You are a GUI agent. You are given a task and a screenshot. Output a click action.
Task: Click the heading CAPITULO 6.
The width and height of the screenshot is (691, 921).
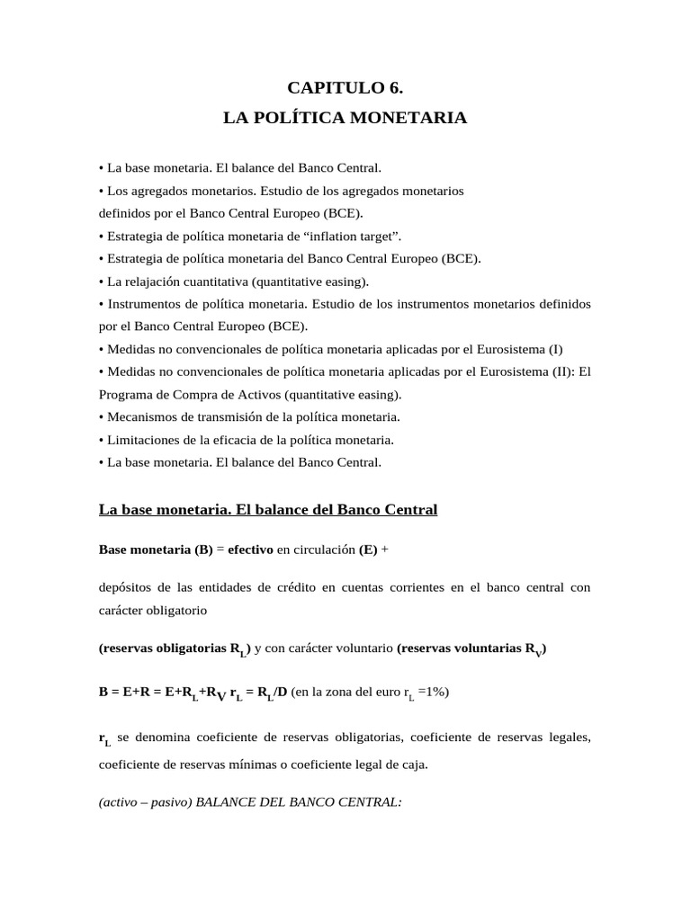pos(345,87)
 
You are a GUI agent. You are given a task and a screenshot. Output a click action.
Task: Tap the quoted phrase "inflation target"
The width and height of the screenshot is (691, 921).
pos(355,236)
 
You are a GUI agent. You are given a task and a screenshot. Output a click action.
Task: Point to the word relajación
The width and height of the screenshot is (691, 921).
pos(154,282)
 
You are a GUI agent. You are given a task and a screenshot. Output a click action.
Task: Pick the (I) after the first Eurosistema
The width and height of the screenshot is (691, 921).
pos(555,349)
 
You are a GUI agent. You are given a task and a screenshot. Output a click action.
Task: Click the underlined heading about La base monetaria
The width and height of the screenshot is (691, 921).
pos(267,510)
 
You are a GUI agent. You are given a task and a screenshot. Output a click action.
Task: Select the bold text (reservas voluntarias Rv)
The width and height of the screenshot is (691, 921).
pos(471,648)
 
